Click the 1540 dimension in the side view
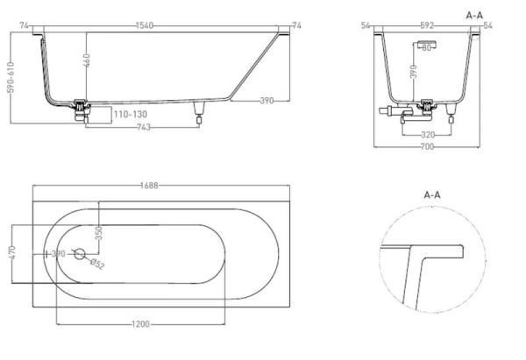tap(145, 25)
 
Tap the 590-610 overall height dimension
tap(11, 77)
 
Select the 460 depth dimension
tap(86, 60)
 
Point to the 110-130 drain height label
tap(130, 114)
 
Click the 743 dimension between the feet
tap(144, 127)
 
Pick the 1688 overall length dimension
tap(149, 186)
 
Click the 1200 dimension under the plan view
tap(140, 324)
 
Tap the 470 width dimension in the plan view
tap(11, 252)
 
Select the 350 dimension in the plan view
tap(98, 233)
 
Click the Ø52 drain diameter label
tap(97, 264)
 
